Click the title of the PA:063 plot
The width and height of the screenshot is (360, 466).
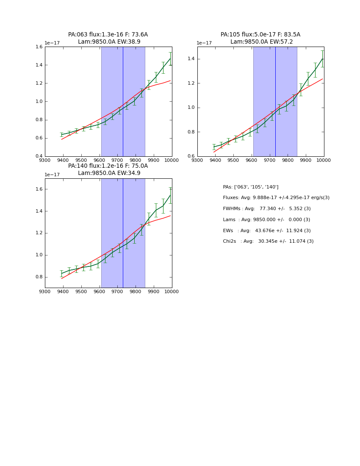coord(108,38)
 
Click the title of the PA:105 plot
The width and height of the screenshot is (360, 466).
coord(260,38)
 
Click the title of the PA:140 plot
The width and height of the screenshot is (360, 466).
coord(108,169)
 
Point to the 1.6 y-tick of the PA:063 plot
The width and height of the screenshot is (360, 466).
coord(38,47)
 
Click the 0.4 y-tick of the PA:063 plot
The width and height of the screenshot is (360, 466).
coord(38,156)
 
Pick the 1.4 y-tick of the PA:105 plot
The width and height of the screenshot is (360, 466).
coord(191,59)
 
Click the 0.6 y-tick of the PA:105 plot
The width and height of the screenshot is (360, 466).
coord(191,156)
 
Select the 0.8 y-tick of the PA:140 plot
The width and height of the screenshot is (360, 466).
coord(38,277)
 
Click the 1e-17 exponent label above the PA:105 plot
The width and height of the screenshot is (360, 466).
coord(204,43)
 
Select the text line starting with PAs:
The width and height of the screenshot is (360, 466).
coord(251,187)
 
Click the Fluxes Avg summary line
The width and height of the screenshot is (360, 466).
coord(276,198)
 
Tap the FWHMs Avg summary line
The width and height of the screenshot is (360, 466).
coord(267,209)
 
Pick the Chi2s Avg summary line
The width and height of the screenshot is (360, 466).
coord(268,241)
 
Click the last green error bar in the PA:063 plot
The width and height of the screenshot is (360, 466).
coord(170,58)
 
